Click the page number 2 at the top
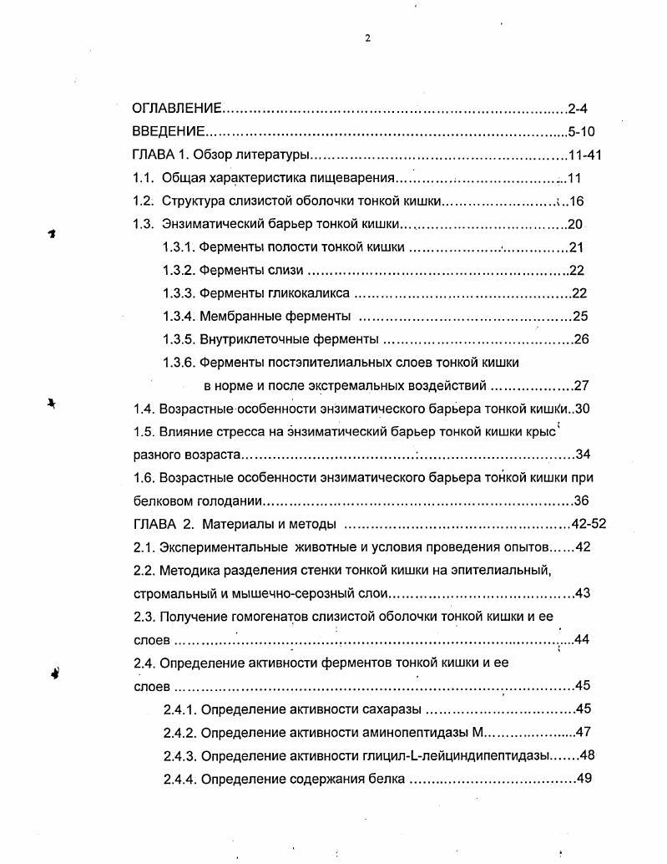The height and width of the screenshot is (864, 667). tap(367, 37)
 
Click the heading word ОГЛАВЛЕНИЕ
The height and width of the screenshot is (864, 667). tap(177, 109)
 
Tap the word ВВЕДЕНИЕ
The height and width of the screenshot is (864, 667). tap(169, 132)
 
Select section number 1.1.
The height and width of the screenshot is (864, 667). tap(144, 178)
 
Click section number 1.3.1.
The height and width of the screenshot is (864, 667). tap(179, 247)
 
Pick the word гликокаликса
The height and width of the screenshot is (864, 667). tap(308, 293)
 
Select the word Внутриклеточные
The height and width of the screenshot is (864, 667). tap(249, 339)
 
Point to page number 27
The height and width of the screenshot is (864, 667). tap(582, 386)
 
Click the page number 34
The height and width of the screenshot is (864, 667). tap(583, 455)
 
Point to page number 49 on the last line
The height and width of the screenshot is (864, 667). tap(583, 779)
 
